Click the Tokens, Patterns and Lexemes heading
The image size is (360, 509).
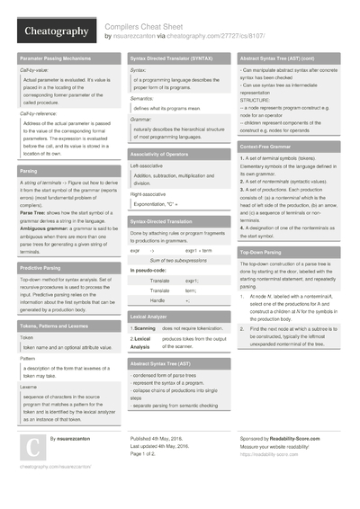click(57, 326)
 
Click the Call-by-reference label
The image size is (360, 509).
click(43, 114)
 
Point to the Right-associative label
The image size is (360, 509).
click(149, 193)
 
